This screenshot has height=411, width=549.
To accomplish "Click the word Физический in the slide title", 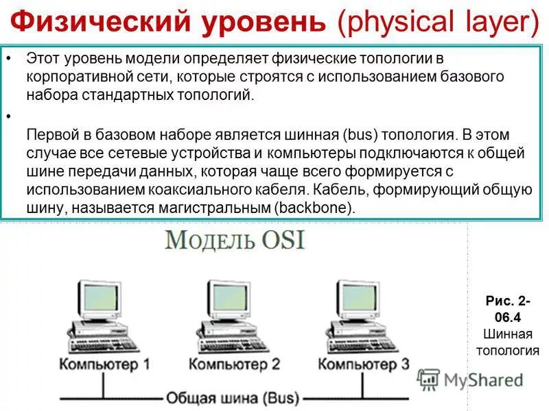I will pyautogui.click(x=103, y=23).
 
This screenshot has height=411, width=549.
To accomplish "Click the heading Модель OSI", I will pyautogui.click(x=234, y=242).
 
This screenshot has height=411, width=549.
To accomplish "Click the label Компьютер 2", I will pyautogui.click(x=234, y=363).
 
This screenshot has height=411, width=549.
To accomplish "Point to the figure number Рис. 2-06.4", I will pyautogui.click(x=508, y=309).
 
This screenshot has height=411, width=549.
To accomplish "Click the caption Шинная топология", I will pyautogui.click(x=508, y=342).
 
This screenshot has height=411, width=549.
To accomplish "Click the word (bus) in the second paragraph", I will pyautogui.click(x=357, y=134).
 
